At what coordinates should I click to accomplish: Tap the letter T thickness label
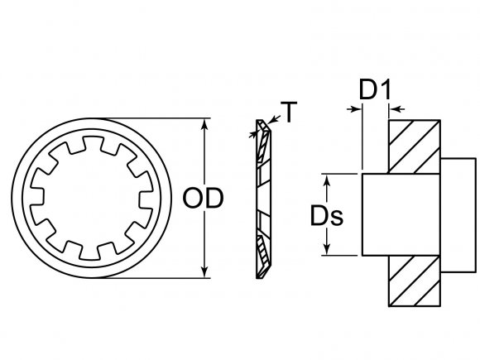click(x=289, y=110)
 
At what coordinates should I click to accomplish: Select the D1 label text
click(x=374, y=89)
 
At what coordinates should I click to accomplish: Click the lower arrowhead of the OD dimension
click(x=204, y=271)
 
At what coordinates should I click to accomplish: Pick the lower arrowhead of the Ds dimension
click(x=328, y=250)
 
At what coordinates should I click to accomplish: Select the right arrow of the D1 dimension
click(x=393, y=108)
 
